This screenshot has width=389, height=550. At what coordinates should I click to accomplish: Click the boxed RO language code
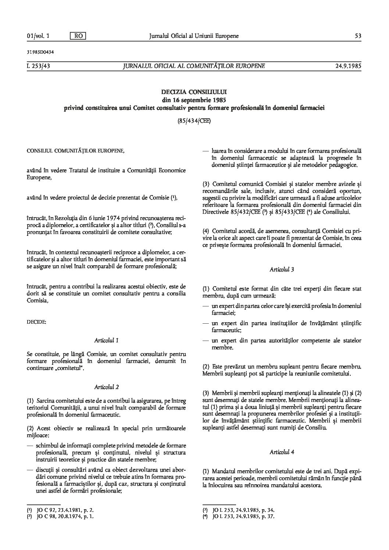[78, 36]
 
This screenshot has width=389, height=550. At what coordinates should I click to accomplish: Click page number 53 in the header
[358, 36]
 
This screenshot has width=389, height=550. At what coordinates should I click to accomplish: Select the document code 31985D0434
[38, 52]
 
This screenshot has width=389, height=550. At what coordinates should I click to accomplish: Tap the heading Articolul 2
[106, 387]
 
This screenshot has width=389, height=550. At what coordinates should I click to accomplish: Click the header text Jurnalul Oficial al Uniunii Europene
[194, 36]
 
